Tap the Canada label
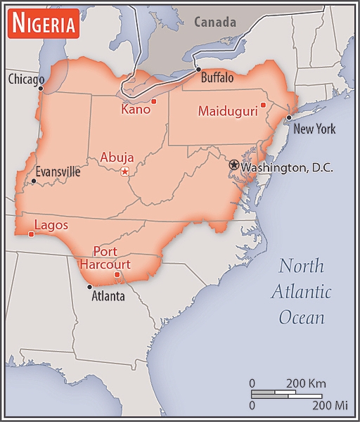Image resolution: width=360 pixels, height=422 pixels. coord(215,23)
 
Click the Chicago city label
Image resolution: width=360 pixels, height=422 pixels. coord(26,79)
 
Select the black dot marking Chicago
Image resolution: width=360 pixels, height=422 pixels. coord(41,89)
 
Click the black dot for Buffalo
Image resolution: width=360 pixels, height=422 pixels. coord(198,70)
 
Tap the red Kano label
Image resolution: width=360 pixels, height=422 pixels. coord(135,110)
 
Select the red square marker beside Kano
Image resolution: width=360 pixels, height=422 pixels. coord(154,101)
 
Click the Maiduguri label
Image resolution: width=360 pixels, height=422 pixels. coord(226,111)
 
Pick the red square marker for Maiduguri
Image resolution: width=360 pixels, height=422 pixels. coord(263,105)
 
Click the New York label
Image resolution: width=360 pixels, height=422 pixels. coord(314,129)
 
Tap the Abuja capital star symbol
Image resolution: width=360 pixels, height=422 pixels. coord(125,172)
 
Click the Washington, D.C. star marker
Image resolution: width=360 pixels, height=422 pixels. coord(234,164)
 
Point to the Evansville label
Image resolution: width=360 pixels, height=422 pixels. coord(58,172)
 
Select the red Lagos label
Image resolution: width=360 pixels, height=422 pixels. coord(51,225)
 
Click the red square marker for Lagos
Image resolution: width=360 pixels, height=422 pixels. coord(31,234)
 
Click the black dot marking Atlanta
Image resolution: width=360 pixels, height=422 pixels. coord(89,287)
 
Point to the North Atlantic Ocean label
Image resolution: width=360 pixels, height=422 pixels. coord(301,291)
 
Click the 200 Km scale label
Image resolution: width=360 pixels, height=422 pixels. coord(307,384)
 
